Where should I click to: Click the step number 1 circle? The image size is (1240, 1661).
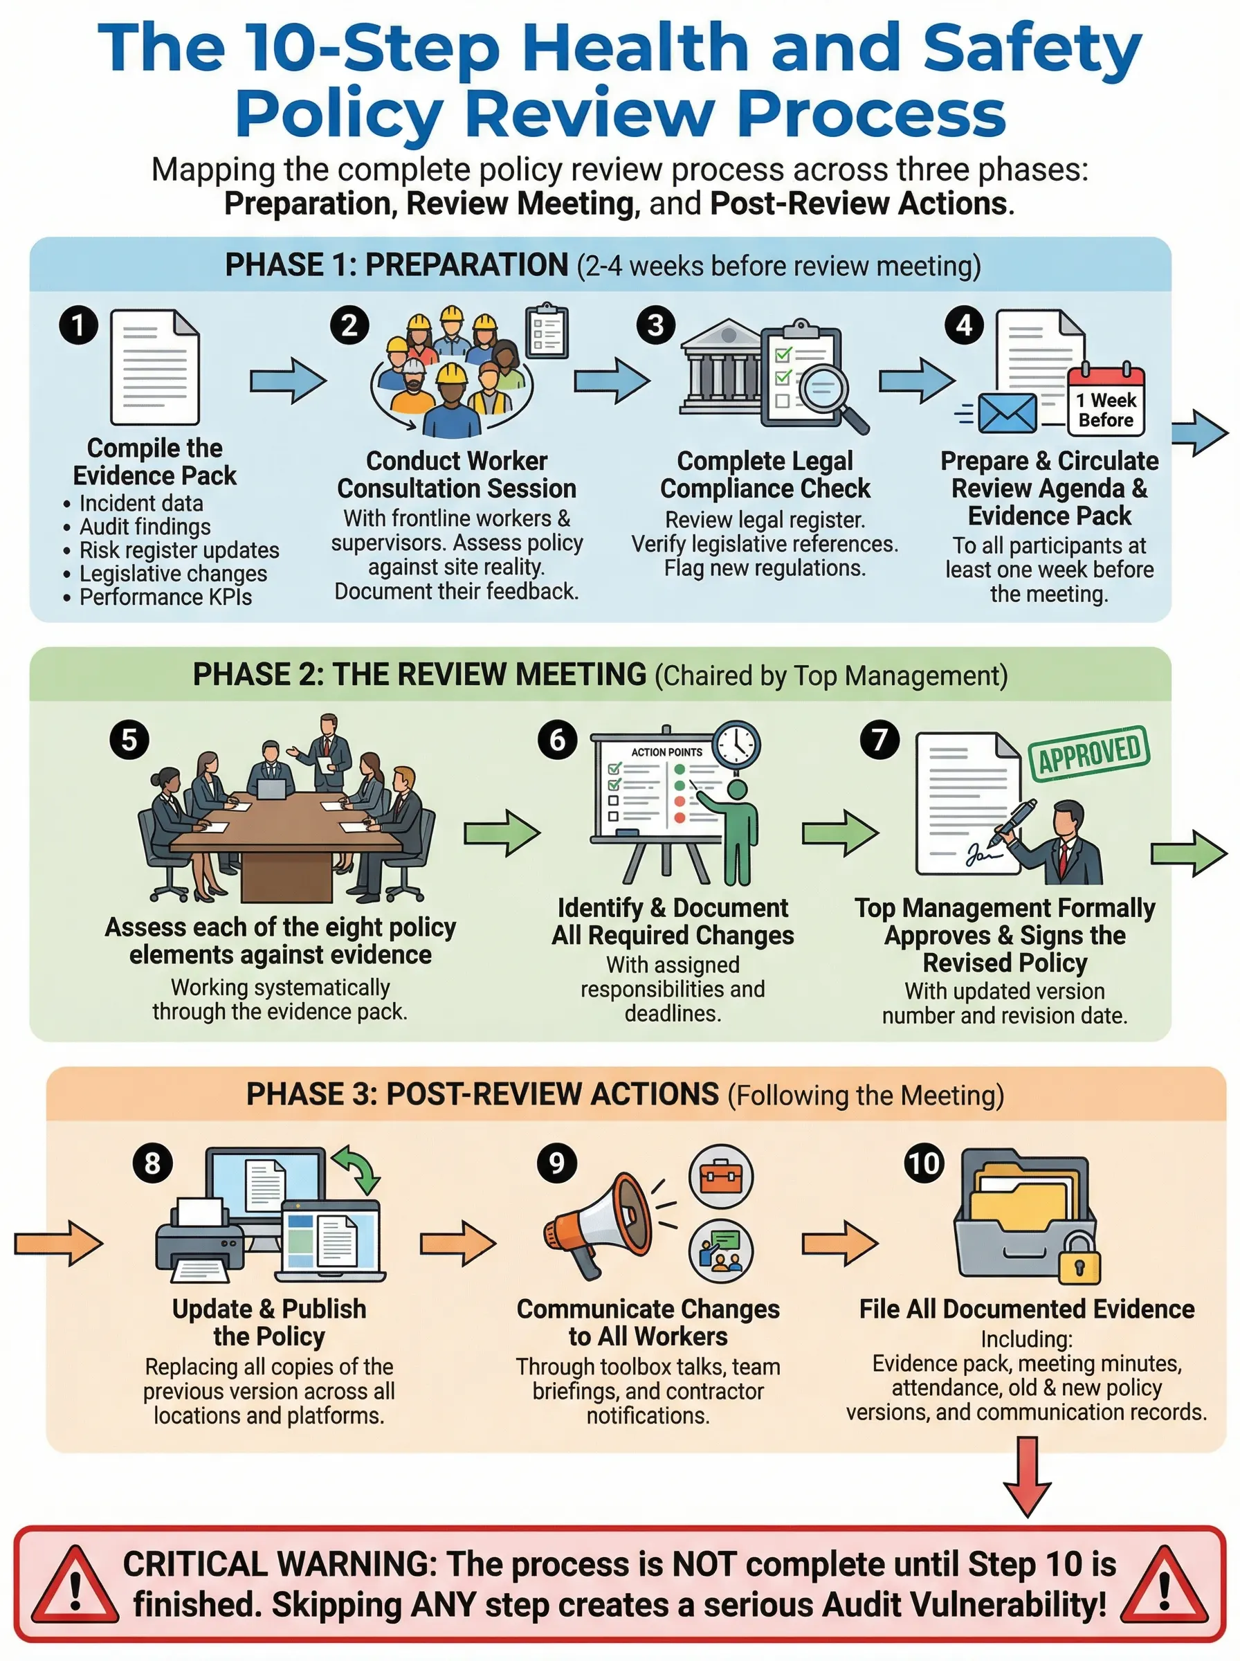click(79, 325)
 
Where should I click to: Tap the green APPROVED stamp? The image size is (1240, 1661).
click(1088, 753)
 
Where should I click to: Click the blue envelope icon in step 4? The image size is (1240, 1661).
click(1007, 412)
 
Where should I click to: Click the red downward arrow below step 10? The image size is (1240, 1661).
click(1027, 1476)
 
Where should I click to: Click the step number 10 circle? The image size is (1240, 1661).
click(923, 1163)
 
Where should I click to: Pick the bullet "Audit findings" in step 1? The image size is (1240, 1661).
click(144, 526)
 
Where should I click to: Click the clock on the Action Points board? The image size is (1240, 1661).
click(736, 745)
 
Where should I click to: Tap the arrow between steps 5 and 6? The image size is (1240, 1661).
click(502, 833)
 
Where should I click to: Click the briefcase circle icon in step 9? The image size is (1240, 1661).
click(720, 1176)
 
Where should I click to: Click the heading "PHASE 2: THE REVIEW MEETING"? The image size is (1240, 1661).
click(419, 674)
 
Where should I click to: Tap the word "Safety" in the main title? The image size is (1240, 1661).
click(1031, 46)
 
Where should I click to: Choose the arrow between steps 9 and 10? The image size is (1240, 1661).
click(839, 1244)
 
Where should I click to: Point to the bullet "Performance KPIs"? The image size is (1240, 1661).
click(165, 597)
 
